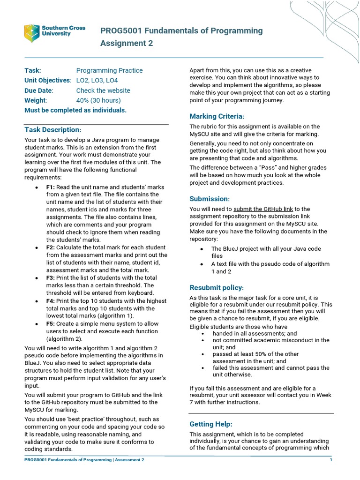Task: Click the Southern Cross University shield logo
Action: tap(32, 33)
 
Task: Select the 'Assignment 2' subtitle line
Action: tap(127, 44)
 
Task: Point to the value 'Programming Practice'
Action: tap(109, 70)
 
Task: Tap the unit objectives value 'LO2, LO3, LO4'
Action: tap(97, 81)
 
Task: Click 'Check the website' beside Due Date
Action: tap(103, 90)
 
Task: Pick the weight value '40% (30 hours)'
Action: tap(98, 100)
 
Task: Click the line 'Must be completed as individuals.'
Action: tap(75, 110)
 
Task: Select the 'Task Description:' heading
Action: tap(53, 129)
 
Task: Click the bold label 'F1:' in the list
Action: tap(50, 187)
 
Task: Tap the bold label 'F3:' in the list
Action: tap(50, 278)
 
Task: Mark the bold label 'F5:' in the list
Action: tap(50, 324)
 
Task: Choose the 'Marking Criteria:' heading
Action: tap(217, 116)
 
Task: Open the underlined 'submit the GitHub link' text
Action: tap(263, 209)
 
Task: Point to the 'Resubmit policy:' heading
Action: tap(217, 287)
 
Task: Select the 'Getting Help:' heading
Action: tap(210, 424)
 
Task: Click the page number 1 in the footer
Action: tap(331, 460)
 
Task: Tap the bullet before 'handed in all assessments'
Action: tap(202, 333)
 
